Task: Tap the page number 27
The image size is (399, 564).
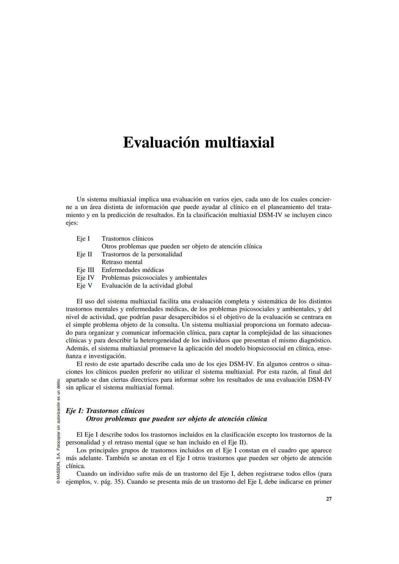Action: pyautogui.click(x=329, y=499)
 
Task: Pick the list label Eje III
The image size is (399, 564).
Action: pyautogui.click(x=85, y=270)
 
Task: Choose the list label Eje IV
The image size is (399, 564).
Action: pyautogui.click(x=85, y=278)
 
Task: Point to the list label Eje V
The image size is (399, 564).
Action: pyautogui.click(x=84, y=285)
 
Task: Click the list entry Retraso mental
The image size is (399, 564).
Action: pyautogui.click(x=122, y=262)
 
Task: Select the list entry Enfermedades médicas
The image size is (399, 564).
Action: pyautogui.click(x=133, y=270)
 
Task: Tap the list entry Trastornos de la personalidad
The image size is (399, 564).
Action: pyautogui.click(x=141, y=254)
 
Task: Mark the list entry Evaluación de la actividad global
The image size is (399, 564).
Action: pyautogui.click(x=147, y=285)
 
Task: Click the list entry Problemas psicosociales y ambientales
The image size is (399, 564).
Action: pyautogui.click(x=154, y=278)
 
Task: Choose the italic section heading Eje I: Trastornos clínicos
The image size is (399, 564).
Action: pyautogui.click(x=105, y=411)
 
